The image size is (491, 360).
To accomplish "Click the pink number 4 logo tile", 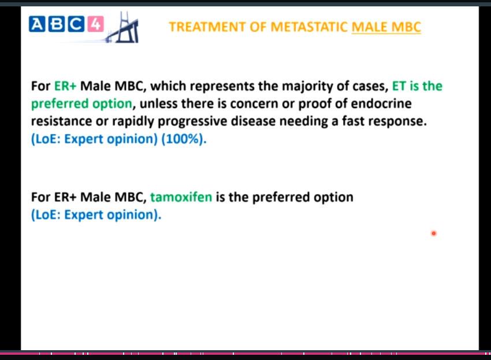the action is point(95,24).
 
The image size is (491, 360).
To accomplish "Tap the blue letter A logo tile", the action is point(37,24).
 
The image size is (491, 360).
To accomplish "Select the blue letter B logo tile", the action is point(57,24).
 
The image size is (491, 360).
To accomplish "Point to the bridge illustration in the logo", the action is point(122,28).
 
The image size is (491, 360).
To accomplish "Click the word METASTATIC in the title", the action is point(309,27).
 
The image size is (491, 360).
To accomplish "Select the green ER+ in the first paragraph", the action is point(65,86).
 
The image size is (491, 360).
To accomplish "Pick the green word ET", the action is point(399,86).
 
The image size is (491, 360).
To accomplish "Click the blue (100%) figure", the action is point(184,139).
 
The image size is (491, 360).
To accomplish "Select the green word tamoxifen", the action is point(181,197).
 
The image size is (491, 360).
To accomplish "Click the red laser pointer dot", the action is point(434,233).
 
